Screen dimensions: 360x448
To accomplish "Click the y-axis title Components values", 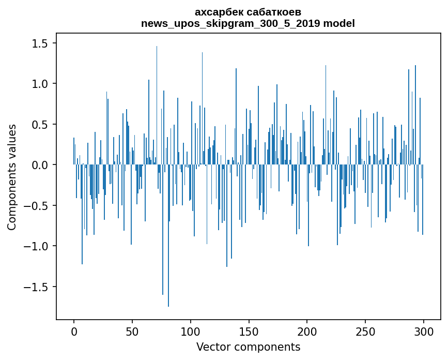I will [x=12, y=177].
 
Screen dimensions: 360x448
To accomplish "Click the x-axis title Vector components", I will [x=248, y=347].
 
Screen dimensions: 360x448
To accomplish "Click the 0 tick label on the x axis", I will [x=74, y=331].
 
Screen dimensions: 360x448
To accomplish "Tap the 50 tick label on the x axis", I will [x=132, y=331].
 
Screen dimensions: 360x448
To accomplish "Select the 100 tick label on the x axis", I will [x=191, y=331].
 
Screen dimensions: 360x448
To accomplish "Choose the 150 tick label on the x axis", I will [x=249, y=331].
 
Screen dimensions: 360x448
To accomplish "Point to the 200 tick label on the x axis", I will [x=307, y=331].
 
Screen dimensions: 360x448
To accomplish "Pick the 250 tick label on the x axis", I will [x=365, y=331].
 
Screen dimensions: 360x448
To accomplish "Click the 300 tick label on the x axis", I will [x=424, y=331].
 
